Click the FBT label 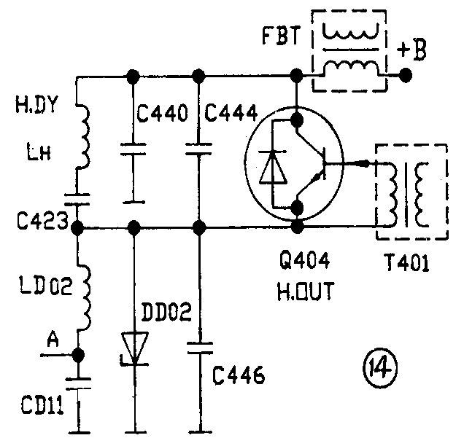pos(281,36)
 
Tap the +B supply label pos(411,50)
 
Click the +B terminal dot pos(405,75)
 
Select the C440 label pos(162,112)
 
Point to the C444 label pos(231,112)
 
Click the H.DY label pos(36,104)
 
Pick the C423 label pos(42,221)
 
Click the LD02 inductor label pos(46,285)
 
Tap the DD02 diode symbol pos(135,349)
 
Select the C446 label pos(239,375)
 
